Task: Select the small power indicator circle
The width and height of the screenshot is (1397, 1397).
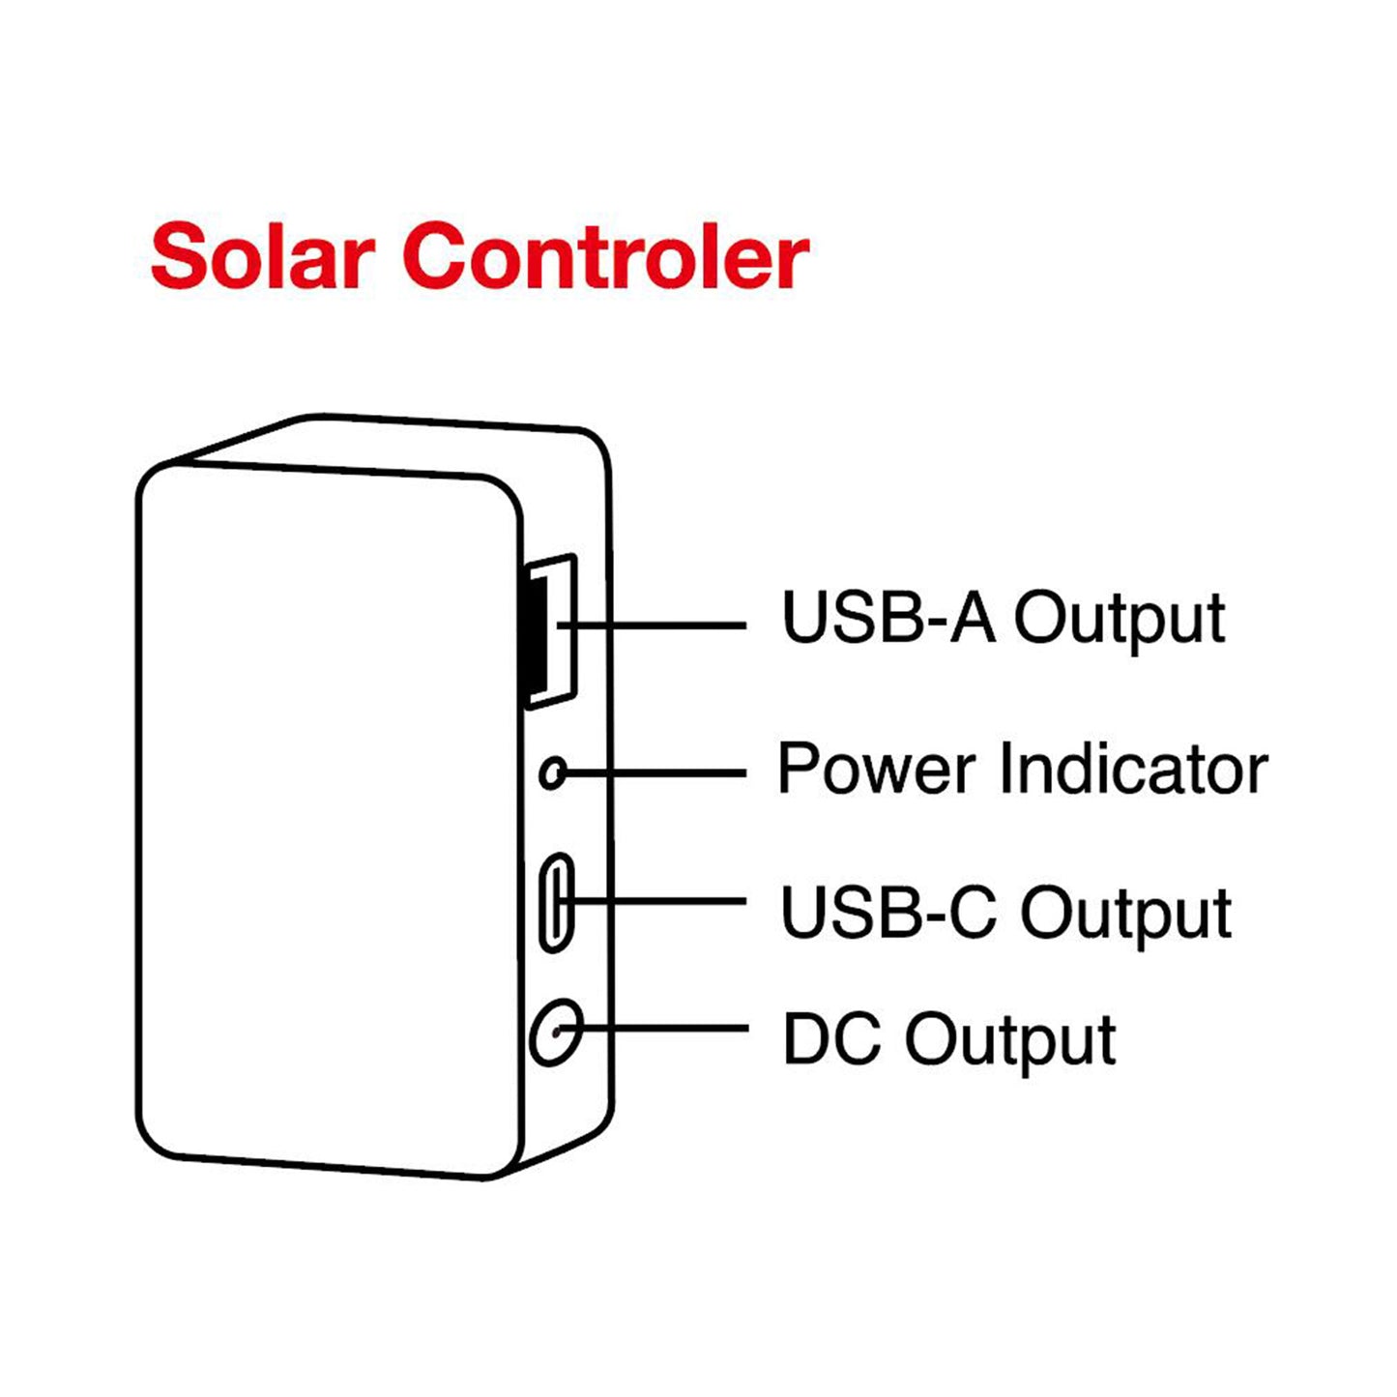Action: point(552,773)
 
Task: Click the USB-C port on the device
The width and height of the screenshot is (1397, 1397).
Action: point(555,902)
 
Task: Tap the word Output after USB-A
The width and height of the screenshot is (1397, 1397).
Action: point(1119,619)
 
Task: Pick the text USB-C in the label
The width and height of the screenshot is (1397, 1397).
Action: point(888,912)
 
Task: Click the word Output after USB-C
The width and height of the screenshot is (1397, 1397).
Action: point(1126,914)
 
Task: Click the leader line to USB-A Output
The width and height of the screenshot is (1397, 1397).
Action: point(667,626)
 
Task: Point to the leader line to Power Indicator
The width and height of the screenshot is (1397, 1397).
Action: point(657,773)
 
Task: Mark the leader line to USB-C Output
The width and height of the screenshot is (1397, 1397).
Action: point(667,901)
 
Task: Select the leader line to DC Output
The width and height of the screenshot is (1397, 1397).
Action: point(667,1030)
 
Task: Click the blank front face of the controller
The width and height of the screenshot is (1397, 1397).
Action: point(329,822)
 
